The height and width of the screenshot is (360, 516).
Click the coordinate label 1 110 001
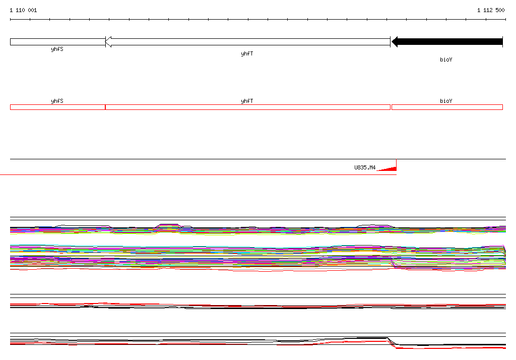23,10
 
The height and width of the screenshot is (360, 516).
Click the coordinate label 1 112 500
491,10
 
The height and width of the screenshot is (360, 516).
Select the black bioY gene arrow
447,42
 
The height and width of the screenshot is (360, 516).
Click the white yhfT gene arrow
248,42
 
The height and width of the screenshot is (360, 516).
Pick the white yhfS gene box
57,42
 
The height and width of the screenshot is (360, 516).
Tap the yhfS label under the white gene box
57,49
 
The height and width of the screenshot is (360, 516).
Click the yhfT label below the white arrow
247,53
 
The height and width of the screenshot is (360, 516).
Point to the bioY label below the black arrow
446,59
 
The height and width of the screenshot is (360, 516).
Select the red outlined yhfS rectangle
57,107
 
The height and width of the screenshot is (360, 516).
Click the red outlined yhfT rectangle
248,107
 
